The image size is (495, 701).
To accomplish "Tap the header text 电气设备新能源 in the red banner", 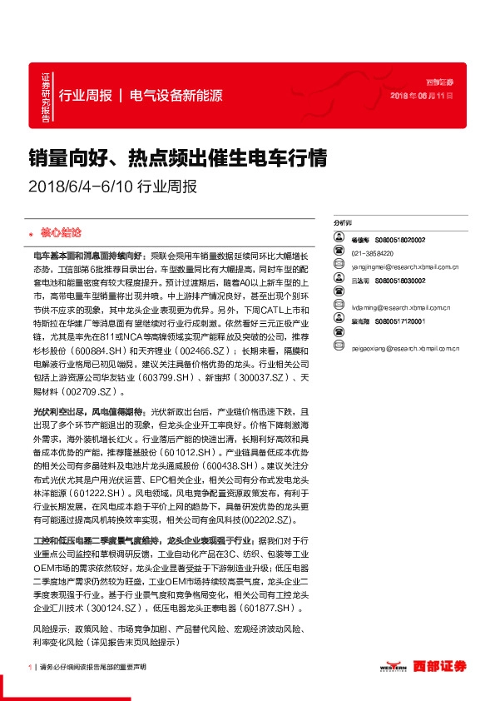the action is coord(176,94).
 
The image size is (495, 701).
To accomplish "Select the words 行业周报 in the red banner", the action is coord(86,94).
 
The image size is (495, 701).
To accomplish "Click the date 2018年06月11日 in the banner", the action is coord(422,97).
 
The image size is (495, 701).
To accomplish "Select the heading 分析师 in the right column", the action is coord(342,224).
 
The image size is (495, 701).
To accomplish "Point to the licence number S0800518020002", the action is coord(399,239).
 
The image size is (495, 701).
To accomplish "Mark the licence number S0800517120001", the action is coord(399,321).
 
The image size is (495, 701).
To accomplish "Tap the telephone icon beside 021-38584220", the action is coord(339,253).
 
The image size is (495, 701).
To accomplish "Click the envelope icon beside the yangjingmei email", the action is coord(339,267).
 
